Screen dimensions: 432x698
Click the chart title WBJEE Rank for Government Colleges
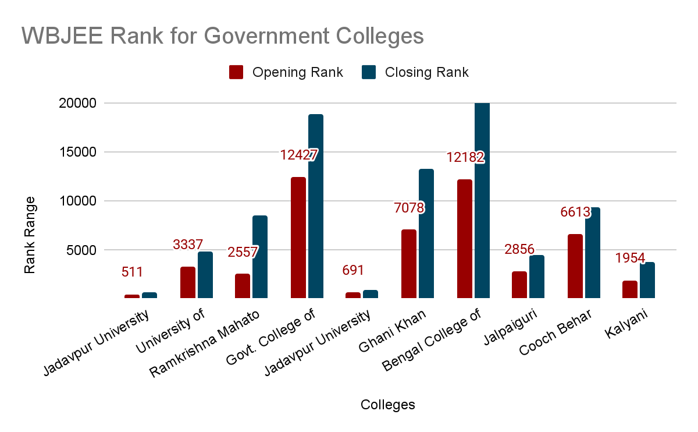[223, 36]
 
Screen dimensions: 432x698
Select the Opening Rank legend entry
[286, 72]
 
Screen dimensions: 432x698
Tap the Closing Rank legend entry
[415, 72]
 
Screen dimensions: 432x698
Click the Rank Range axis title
[30, 235]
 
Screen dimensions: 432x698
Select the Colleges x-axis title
[387, 405]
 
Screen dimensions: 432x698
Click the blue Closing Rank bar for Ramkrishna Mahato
[260, 257]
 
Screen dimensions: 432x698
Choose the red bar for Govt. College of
[298, 238]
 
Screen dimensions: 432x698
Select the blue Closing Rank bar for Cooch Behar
[593, 253]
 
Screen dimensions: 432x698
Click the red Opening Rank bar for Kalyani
[630, 289]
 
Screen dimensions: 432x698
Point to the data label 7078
[409, 208]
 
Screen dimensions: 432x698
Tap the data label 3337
[188, 245]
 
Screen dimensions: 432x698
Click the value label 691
[353, 271]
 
